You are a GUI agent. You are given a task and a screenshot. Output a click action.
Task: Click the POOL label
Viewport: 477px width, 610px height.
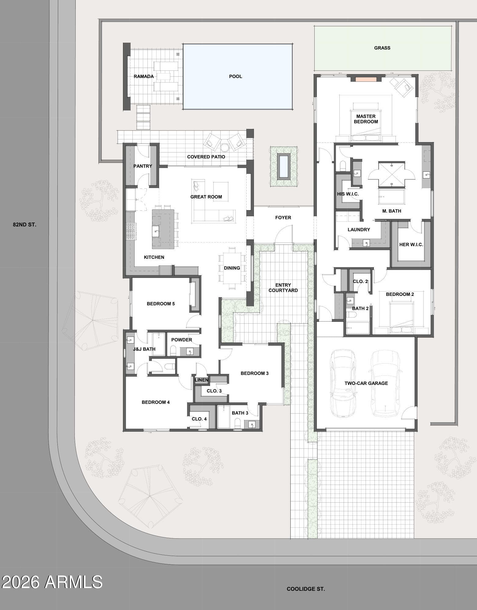[236, 77]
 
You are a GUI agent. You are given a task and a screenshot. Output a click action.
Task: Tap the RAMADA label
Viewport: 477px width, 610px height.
[143, 77]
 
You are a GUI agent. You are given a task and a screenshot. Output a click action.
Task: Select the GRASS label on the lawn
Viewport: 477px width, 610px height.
[382, 48]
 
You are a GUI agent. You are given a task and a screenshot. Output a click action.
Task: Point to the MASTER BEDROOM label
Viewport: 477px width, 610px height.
[366, 119]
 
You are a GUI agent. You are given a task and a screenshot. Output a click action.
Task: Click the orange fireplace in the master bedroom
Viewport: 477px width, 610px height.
[366, 79]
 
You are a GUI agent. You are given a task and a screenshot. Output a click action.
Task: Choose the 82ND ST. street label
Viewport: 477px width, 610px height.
[24, 224]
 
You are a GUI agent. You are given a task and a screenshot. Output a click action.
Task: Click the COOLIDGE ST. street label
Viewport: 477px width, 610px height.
[306, 589]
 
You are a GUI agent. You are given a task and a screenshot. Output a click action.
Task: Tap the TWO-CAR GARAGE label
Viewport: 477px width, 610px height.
[366, 383]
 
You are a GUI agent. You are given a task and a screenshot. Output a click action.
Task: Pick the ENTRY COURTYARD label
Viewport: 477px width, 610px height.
[283, 288]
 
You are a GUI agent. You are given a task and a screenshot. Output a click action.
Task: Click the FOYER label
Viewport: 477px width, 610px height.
[283, 217]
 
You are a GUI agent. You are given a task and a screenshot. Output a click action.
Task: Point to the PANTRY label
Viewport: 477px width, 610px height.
[143, 166]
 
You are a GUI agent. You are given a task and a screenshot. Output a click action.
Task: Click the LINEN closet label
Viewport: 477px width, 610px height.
[201, 380]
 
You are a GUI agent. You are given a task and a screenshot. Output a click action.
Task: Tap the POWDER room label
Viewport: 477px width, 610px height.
[182, 340]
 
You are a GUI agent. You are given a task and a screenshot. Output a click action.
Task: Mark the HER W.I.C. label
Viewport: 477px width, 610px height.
[411, 245]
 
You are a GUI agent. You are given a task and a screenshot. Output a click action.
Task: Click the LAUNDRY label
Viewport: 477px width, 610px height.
[359, 230]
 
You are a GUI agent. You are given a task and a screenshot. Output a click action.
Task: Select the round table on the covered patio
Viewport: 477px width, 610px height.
[225, 148]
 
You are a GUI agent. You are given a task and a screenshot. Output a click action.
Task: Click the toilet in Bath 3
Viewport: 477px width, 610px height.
[238, 423]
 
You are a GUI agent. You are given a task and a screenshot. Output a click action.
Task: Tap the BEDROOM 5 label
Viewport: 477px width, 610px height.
[161, 304]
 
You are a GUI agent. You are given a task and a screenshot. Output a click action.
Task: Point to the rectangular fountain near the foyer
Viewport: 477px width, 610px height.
[284, 166]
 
